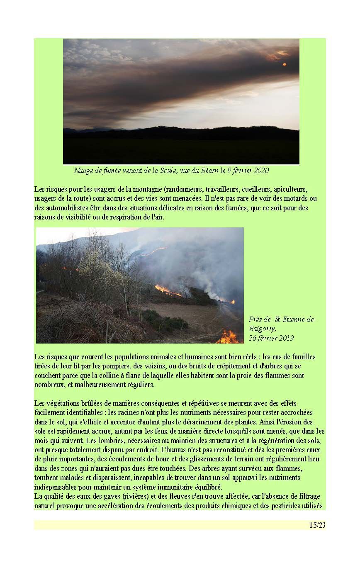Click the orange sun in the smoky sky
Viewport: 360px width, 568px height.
click(x=285, y=64)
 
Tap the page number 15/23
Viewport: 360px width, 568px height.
click(x=317, y=525)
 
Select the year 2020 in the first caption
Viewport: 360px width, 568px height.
click(x=260, y=171)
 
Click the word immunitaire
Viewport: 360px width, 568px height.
click(x=170, y=487)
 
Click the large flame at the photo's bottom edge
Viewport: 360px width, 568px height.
click(x=228, y=337)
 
